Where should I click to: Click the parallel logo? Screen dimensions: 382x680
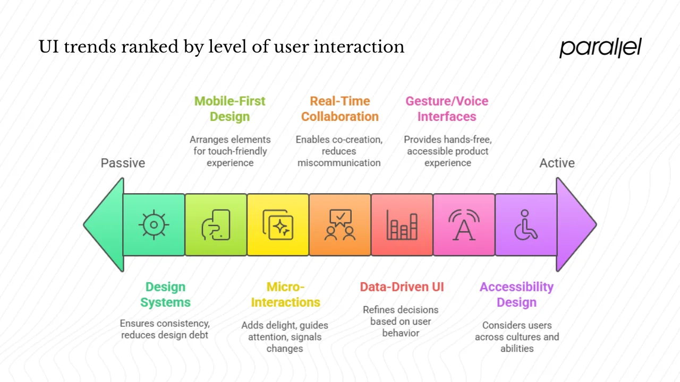click(x=600, y=48)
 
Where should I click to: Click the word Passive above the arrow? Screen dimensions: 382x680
click(x=123, y=163)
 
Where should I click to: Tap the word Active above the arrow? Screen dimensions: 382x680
click(x=557, y=163)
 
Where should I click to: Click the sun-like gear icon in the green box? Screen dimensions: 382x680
click(x=154, y=224)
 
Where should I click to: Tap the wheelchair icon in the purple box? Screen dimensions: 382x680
click(x=525, y=224)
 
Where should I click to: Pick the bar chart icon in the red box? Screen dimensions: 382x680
click(x=402, y=224)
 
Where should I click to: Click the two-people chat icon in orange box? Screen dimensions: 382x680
click(x=340, y=224)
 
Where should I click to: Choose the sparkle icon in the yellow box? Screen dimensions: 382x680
click(x=278, y=224)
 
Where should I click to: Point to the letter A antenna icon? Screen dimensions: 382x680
click(x=463, y=224)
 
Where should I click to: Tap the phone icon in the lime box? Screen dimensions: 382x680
click(x=216, y=224)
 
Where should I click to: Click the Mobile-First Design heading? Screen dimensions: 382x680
click(x=229, y=109)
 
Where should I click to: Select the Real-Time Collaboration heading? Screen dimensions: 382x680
click(x=340, y=109)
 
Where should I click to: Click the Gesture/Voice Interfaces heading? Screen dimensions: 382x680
click(x=447, y=109)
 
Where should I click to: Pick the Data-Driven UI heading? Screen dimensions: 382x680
click(x=402, y=287)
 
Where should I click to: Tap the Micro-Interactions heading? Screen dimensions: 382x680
click(x=285, y=294)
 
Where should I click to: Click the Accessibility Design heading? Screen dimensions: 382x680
click(x=516, y=294)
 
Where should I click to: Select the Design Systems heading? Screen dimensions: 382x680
click(x=165, y=294)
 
